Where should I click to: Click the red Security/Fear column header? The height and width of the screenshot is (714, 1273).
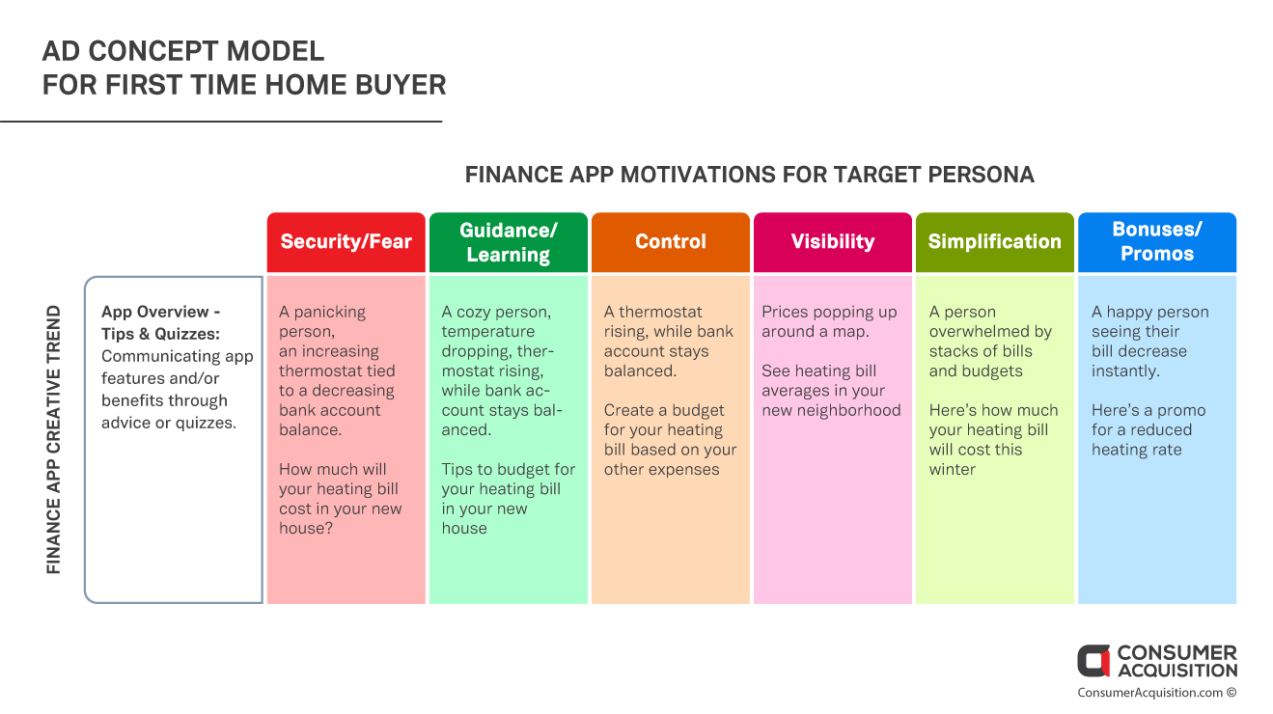[x=346, y=242]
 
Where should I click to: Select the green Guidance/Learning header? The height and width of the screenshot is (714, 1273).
[x=508, y=242]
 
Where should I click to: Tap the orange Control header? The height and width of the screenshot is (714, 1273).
[x=671, y=242]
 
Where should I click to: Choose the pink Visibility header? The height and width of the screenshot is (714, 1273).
[x=833, y=242]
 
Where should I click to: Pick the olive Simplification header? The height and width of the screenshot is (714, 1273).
[x=995, y=242]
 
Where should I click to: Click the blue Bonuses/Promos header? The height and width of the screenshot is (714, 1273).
[x=1157, y=242]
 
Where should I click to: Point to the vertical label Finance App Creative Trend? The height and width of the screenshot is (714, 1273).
[x=53, y=440]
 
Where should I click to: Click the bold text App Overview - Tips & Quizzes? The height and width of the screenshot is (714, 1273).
[x=161, y=322]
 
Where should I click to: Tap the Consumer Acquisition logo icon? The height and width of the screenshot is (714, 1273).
[x=1093, y=661]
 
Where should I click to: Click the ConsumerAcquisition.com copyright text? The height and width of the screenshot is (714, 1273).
[x=1156, y=693]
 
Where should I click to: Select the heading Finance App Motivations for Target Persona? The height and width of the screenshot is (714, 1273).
[x=750, y=175]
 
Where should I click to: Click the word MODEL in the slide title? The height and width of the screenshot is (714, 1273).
[x=275, y=51]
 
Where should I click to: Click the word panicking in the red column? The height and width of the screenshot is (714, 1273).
[x=330, y=313]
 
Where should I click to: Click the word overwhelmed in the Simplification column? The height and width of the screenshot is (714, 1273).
[x=990, y=332]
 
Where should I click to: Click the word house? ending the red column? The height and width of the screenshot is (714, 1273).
[x=306, y=528]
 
